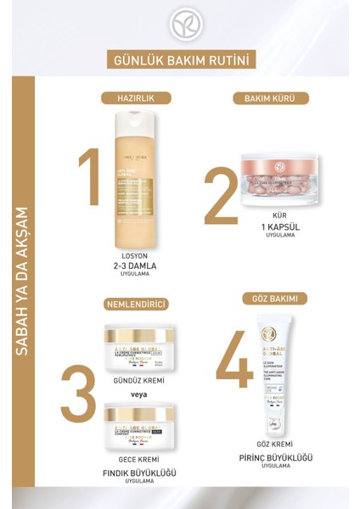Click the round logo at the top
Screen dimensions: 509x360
pos(180,25)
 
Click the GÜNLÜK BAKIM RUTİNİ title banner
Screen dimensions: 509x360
pos(180,61)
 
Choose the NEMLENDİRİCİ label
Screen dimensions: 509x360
pos(135,304)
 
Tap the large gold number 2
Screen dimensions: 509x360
pos(218,196)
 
